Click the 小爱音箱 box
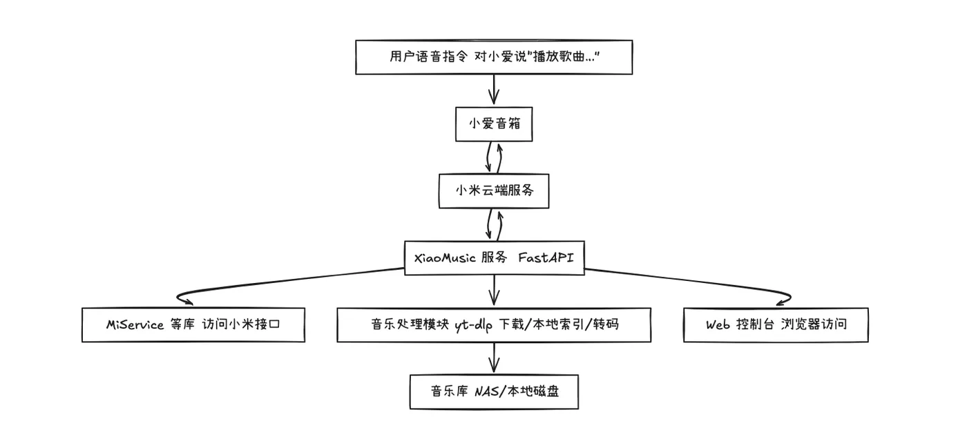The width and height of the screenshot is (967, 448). tap(494, 124)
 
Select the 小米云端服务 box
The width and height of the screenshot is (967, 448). tap(494, 191)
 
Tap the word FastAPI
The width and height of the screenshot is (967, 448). tap(546, 257)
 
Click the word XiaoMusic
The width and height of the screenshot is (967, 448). tap(445, 258)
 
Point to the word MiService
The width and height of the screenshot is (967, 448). tap(135, 324)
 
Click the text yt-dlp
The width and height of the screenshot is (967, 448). tap(474, 325)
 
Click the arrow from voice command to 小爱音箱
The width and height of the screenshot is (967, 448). tap(494, 89)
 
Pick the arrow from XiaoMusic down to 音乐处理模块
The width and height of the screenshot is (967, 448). tap(494, 290)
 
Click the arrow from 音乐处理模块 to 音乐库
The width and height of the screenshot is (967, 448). tap(494, 358)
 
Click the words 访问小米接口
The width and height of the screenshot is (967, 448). tap(241, 324)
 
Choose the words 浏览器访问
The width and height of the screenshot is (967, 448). tap(814, 324)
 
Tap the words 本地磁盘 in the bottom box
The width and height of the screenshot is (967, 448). tap(533, 391)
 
